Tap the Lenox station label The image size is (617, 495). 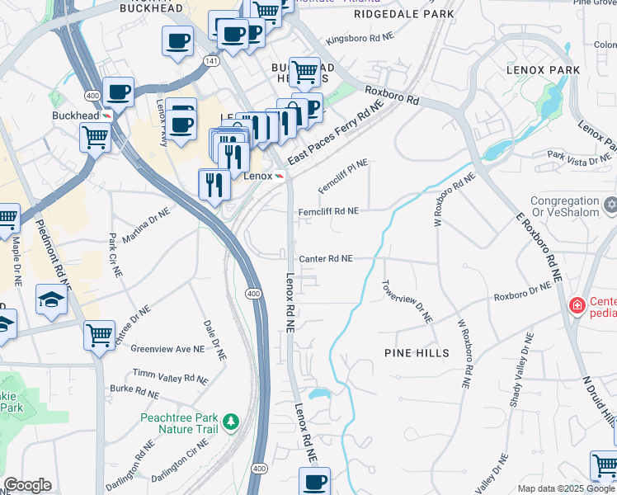click(258, 176)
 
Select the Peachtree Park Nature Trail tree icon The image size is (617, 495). click(233, 422)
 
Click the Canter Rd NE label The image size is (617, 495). click(326, 258)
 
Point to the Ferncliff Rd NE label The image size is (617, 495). click(328, 211)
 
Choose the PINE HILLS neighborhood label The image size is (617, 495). click(417, 353)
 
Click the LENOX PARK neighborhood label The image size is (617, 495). click(544, 70)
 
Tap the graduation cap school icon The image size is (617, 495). click(51, 299)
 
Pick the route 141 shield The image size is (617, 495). click(213, 61)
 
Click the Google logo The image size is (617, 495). click(26, 485)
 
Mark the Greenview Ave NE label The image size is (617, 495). click(167, 349)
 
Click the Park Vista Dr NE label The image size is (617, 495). click(577, 158)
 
